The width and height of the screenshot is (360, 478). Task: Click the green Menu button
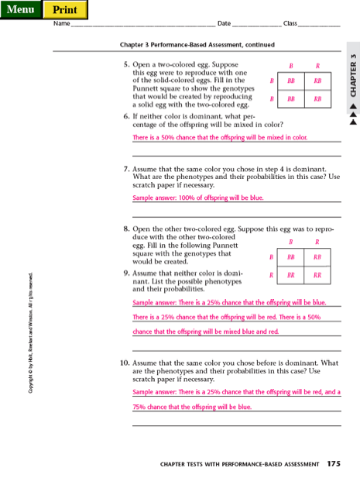21,9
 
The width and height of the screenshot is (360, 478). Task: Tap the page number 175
334,464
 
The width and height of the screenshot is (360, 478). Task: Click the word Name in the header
61,24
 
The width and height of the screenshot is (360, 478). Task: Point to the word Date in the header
225,24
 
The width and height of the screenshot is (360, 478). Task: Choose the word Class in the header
290,24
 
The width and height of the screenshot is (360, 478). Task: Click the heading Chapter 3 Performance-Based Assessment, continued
197,45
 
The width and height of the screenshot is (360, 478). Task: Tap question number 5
126,65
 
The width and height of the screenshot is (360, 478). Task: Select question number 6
126,116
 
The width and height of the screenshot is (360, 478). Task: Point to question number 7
126,168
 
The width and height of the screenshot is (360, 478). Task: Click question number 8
126,229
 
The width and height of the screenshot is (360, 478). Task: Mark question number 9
126,273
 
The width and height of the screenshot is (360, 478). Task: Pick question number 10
124,363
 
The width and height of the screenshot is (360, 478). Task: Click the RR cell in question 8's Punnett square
317,275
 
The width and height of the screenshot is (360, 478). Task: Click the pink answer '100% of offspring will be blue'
198,198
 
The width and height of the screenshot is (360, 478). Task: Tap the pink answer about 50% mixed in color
220,138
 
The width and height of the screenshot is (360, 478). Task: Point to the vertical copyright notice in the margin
30,332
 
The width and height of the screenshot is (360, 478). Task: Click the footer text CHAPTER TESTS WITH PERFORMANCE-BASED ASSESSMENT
239,465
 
